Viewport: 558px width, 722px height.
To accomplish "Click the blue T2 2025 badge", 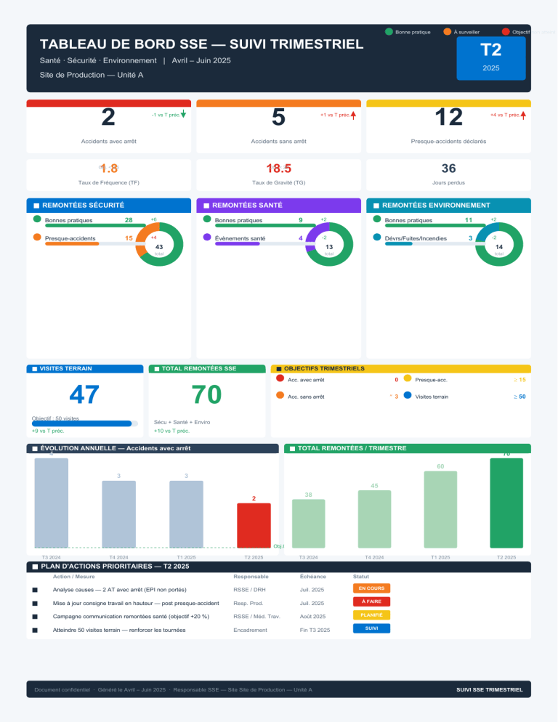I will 491,57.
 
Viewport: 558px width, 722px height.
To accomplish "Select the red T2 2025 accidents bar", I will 254,525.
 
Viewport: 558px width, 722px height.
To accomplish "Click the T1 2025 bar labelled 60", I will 440,509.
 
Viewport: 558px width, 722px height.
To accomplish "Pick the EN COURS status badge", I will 371,588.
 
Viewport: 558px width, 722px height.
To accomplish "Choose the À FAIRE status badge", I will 371,601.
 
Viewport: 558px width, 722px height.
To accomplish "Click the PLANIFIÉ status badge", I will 371,614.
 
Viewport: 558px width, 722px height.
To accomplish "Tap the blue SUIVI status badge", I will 371,628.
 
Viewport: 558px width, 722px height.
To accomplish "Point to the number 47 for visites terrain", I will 84,394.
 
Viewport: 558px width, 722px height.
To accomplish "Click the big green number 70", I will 206,394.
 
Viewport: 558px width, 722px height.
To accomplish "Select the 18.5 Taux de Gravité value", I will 279,169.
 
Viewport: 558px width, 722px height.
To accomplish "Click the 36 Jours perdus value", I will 449,169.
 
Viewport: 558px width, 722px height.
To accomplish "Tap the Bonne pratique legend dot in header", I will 389,32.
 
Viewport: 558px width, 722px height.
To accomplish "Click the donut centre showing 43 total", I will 159,248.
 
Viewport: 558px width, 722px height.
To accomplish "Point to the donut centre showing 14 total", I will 498,248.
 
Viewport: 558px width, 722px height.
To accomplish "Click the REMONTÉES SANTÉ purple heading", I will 247,206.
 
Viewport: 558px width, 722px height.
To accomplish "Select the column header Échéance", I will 312,576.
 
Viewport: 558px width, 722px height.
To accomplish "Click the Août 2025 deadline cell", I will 313,616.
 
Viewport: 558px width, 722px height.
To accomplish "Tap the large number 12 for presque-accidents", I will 448,117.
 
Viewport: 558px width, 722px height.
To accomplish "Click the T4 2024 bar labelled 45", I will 374,519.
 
